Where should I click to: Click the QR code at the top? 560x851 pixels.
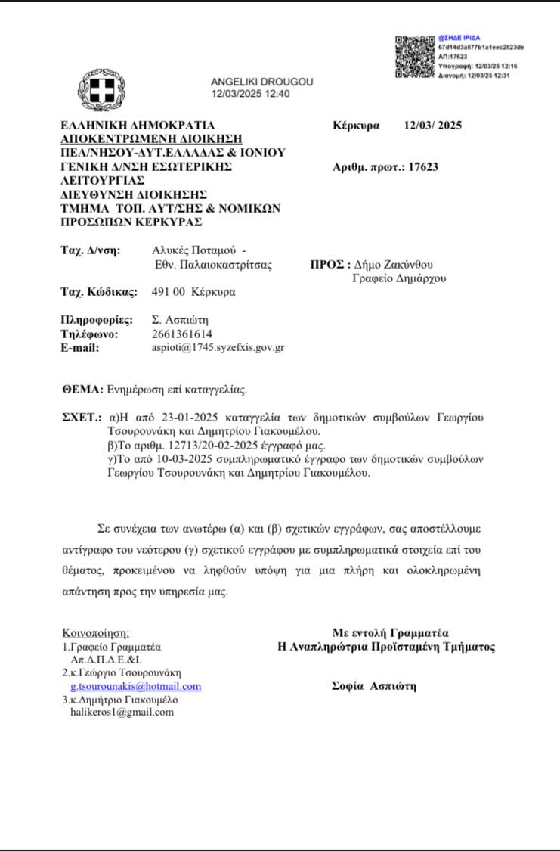415,57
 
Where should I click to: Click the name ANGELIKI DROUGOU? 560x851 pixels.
261,82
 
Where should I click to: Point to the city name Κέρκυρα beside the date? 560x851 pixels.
356,126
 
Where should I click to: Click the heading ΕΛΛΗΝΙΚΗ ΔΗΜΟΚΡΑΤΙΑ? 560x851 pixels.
138,126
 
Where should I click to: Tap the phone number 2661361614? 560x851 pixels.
182,334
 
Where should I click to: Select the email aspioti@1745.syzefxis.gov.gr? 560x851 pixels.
218,348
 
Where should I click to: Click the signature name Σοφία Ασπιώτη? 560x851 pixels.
374,686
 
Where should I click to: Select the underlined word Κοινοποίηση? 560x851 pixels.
95,633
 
